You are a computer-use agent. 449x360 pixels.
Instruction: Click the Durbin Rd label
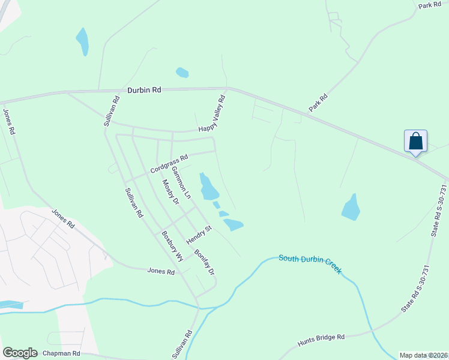(144, 89)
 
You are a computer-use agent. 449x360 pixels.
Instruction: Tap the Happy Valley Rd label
(212, 113)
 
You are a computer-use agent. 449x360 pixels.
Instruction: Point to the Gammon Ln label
(181, 182)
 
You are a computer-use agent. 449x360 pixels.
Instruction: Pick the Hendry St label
(199, 235)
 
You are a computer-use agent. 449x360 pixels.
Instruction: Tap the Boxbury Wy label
(172, 245)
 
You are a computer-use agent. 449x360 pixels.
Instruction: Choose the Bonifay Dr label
(205, 260)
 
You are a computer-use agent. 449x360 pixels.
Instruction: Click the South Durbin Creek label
(310, 263)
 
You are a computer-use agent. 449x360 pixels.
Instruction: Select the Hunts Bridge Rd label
(321, 340)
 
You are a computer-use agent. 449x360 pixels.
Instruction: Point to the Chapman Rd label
(60, 353)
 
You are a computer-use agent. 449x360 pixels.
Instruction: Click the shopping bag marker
(415, 142)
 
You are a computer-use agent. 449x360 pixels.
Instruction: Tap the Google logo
(20, 353)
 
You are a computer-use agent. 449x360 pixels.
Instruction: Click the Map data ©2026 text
(424, 355)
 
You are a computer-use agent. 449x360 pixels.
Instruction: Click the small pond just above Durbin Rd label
(182, 73)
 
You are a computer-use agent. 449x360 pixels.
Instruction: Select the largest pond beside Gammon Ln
(209, 187)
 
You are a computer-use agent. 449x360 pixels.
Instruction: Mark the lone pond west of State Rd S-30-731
(351, 208)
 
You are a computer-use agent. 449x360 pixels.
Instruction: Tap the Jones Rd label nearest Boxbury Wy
(161, 271)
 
